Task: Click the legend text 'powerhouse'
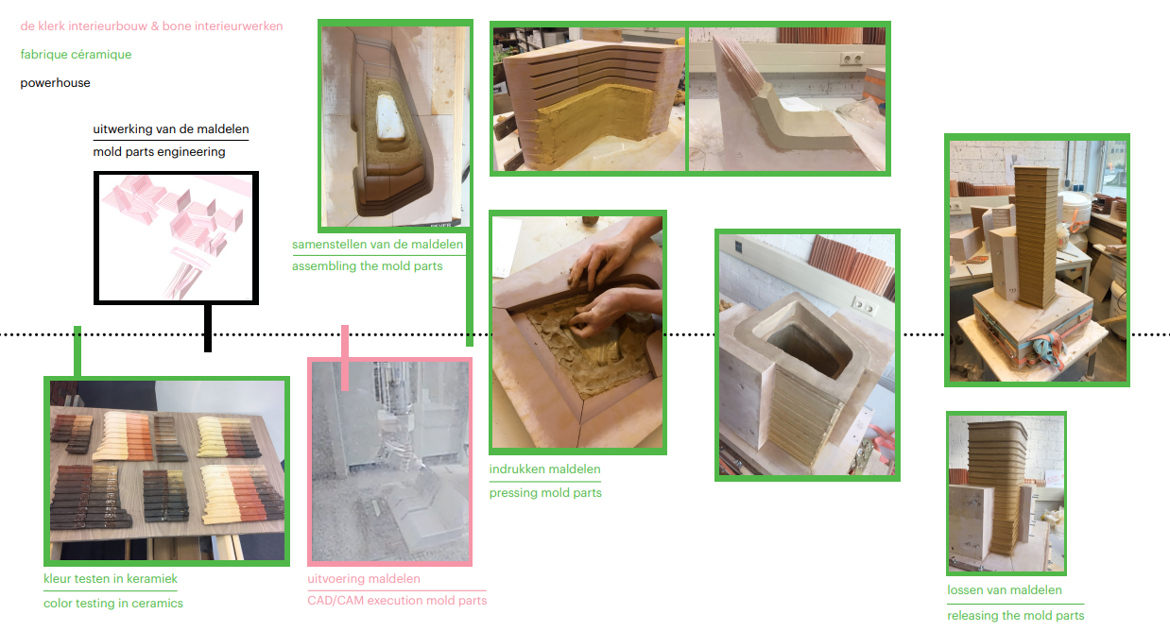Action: tap(56, 83)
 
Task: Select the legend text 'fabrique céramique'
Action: tap(76, 54)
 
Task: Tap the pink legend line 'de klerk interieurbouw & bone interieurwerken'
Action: tap(151, 26)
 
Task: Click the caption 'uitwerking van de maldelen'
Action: tap(171, 128)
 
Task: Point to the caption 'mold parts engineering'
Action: tap(160, 152)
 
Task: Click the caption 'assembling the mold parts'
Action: tap(368, 266)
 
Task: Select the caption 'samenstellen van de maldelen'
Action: tap(378, 245)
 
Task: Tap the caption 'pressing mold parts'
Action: tap(545, 493)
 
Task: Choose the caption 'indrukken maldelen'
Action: tap(544, 469)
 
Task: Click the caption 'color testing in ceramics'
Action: tap(113, 604)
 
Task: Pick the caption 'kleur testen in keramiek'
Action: tap(111, 579)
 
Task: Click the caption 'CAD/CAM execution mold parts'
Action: tap(397, 601)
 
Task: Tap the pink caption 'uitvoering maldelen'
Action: tap(364, 579)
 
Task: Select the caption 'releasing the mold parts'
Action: tap(1016, 616)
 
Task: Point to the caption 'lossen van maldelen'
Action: tap(1005, 590)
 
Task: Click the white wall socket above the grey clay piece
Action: tap(852, 59)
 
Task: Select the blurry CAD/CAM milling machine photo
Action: tap(390, 462)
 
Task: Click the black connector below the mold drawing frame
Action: tap(208, 329)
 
